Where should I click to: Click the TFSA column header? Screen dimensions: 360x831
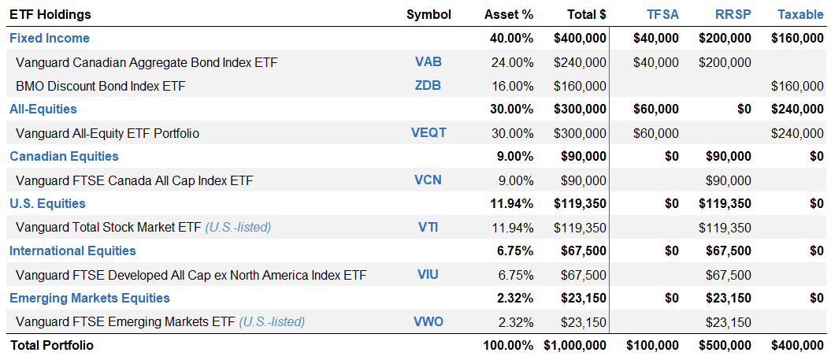coord(662,14)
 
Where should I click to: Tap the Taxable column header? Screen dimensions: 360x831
coord(800,14)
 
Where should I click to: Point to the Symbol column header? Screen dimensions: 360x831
coord(428,14)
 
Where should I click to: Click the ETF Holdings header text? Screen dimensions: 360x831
coord(50,14)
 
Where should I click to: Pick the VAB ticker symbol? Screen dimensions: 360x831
coord(428,61)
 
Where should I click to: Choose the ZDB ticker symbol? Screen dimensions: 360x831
coord(428,85)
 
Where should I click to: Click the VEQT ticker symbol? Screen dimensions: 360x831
coord(428,132)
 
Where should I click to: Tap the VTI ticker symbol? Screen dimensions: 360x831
coord(428,227)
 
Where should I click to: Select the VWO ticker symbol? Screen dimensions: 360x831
coord(428,321)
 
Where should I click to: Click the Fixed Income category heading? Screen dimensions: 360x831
coord(50,38)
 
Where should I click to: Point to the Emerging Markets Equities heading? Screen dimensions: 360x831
coord(90,298)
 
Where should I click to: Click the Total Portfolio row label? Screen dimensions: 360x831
coord(51,345)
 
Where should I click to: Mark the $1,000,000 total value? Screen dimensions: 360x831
coord(575,345)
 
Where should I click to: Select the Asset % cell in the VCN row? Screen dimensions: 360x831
coord(515,180)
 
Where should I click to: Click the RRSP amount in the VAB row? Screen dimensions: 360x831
coord(725,61)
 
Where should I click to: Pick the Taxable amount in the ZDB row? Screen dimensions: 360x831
coord(797,85)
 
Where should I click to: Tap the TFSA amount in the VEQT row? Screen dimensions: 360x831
coord(655,132)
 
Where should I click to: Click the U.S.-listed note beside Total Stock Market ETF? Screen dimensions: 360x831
coord(238,227)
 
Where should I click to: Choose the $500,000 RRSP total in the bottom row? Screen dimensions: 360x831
coord(725,345)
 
